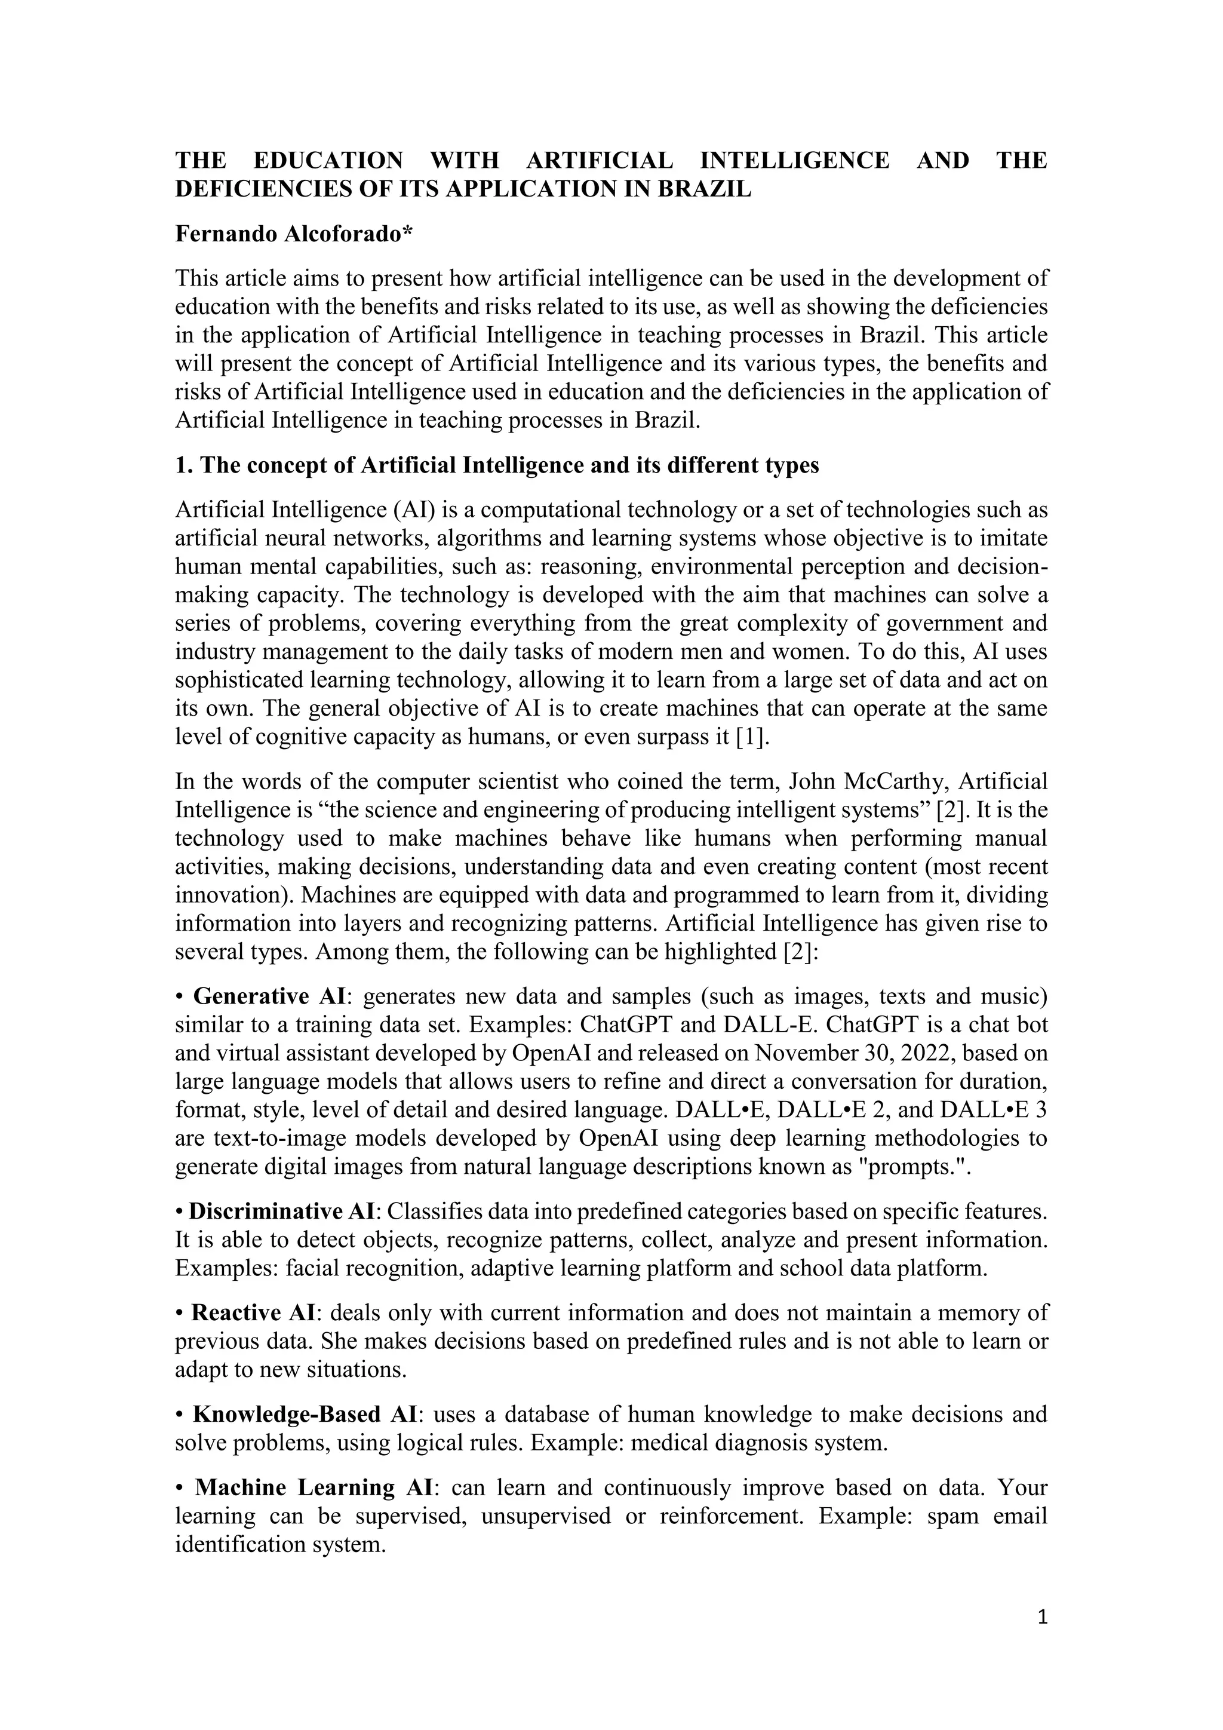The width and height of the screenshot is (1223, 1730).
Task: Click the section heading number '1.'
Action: click(x=184, y=465)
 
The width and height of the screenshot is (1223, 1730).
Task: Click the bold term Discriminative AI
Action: click(x=281, y=1211)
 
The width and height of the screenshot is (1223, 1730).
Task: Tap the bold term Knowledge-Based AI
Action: click(x=300, y=1415)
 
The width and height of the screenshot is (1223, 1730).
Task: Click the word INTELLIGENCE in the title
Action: click(x=794, y=161)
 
